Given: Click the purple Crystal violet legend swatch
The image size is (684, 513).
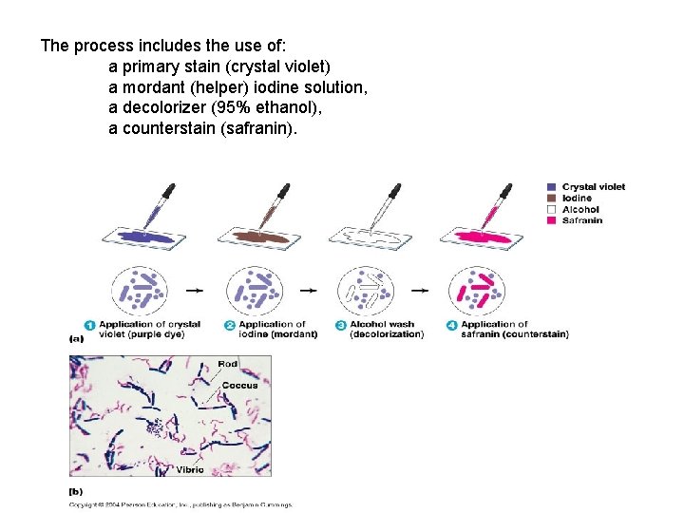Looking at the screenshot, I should click(x=552, y=187).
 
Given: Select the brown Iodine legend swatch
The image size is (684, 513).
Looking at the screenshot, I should click(x=552, y=199).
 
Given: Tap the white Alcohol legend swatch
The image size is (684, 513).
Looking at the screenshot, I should click(x=552, y=210).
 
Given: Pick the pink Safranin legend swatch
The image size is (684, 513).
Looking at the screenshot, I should click(x=552, y=221).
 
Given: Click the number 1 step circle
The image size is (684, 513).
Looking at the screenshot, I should click(x=90, y=326).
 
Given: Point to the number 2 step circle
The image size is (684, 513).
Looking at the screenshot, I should click(x=230, y=326).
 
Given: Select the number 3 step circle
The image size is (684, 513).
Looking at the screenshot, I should click(x=341, y=326).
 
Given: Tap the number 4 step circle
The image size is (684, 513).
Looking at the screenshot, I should click(x=452, y=326).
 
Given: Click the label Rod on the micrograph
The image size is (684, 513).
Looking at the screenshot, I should click(x=228, y=364).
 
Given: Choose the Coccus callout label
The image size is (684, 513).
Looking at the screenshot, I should click(x=239, y=386).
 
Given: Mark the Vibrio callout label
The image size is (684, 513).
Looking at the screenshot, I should click(x=190, y=469).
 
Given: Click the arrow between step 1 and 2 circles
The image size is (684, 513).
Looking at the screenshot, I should click(x=197, y=291).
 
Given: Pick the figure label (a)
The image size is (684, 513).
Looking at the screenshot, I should click(x=76, y=337).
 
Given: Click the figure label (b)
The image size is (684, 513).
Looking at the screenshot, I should click(x=76, y=491).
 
